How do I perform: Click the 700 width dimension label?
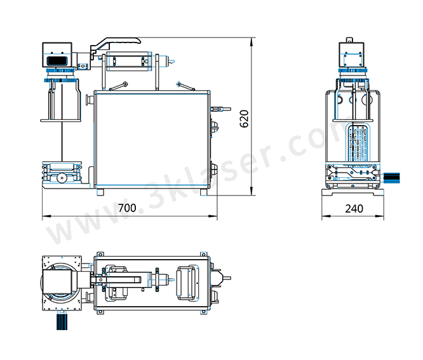click(x=127, y=208)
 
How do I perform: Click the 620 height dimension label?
click(x=244, y=119)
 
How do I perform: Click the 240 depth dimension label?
click(x=354, y=209)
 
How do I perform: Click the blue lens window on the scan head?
click(x=57, y=60)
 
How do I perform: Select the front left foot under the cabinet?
click(x=100, y=192)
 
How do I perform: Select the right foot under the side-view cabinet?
click(x=204, y=192)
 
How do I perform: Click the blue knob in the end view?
click(x=391, y=178)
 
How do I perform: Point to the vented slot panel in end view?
click(x=358, y=143)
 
